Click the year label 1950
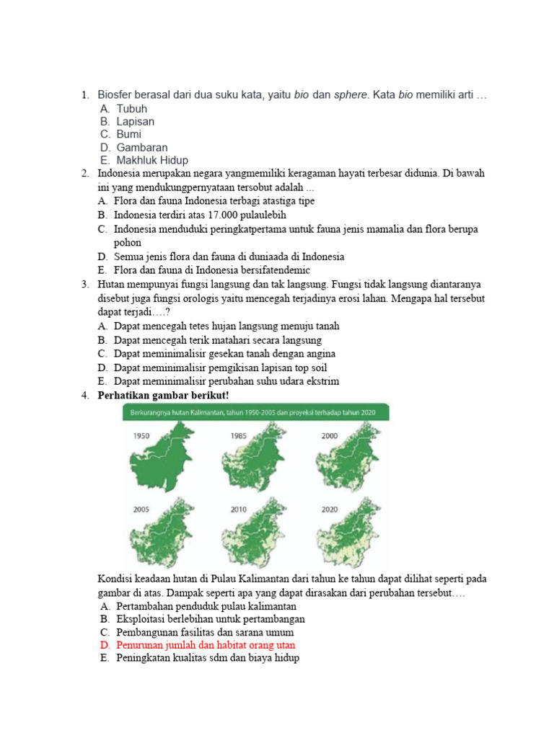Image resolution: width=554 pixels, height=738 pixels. point(141,435)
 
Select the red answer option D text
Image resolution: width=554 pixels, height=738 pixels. point(206,645)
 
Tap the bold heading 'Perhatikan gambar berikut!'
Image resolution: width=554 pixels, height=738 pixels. point(163,395)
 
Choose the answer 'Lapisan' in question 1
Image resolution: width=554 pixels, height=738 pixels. point(135,122)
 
